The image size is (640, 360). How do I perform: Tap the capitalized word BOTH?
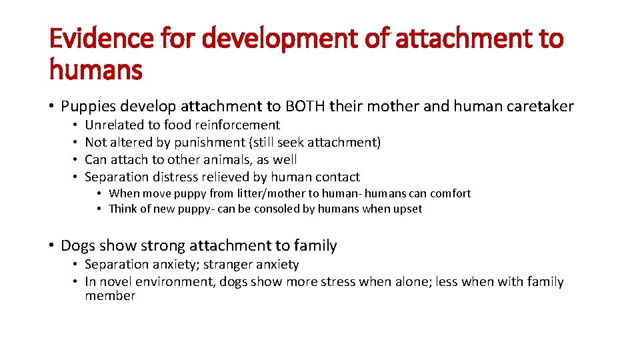tap(306, 106)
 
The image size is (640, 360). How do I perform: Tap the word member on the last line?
tap(110, 296)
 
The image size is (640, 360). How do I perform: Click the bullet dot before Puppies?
tap(51, 107)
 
